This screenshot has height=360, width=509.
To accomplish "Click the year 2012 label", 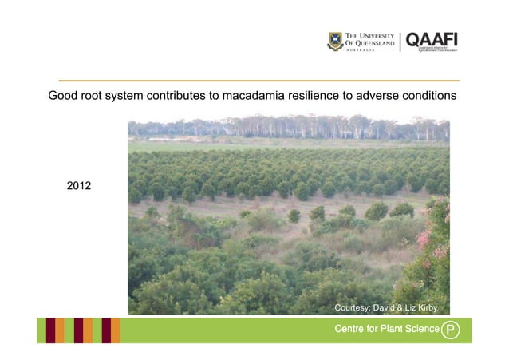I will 78,186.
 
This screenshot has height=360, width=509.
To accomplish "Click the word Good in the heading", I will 63,96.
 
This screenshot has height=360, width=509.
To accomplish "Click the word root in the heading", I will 93,96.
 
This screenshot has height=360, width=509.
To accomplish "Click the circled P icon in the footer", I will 451,329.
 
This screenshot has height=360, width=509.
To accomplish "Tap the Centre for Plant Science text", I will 386,329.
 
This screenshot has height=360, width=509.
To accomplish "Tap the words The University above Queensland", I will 373,36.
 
